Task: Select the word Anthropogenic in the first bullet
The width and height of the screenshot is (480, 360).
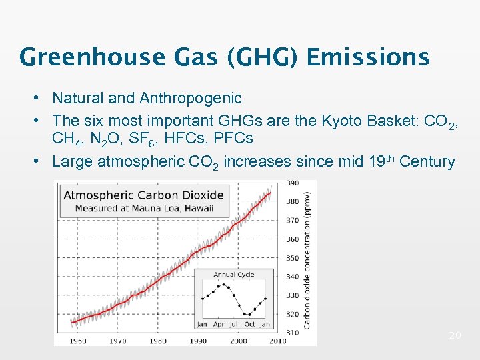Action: click(x=191, y=99)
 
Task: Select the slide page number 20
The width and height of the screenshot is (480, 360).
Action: click(x=455, y=335)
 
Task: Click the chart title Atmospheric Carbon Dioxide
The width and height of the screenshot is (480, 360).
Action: click(x=143, y=195)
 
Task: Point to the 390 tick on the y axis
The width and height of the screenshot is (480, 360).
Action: click(x=292, y=183)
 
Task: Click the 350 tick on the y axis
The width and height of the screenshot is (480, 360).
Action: click(x=292, y=257)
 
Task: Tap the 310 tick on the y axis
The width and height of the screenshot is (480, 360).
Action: click(x=292, y=332)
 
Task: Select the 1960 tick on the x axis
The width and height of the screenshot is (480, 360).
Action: click(x=78, y=341)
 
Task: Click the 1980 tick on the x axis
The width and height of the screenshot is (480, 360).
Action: click(x=158, y=341)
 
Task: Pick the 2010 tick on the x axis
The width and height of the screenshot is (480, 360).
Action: click(x=278, y=341)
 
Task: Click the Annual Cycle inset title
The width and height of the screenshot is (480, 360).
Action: click(x=233, y=275)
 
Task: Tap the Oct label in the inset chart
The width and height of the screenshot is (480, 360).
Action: click(x=249, y=324)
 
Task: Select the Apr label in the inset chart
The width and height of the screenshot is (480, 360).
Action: click(x=218, y=324)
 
